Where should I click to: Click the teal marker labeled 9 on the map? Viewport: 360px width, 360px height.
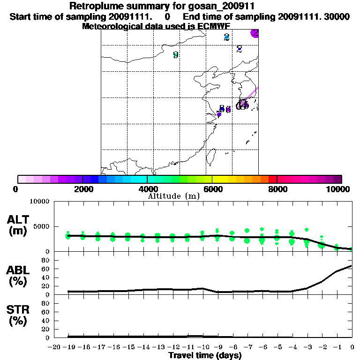click(x=176, y=55)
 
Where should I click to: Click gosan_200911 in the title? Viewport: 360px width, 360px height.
click(x=218, y=7)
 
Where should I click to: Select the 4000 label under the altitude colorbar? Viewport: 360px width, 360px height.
click(x=147, y=189)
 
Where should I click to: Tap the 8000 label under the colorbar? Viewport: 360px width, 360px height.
click(x=277, y=189)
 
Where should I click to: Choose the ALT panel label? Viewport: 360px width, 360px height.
click(x=18, y=225)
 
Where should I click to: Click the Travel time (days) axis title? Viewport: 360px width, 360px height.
click(x=205, y=355)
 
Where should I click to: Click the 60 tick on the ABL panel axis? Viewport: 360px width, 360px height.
click(x=46, y=269)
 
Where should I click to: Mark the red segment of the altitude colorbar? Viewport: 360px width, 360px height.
click(x=272, y=179)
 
